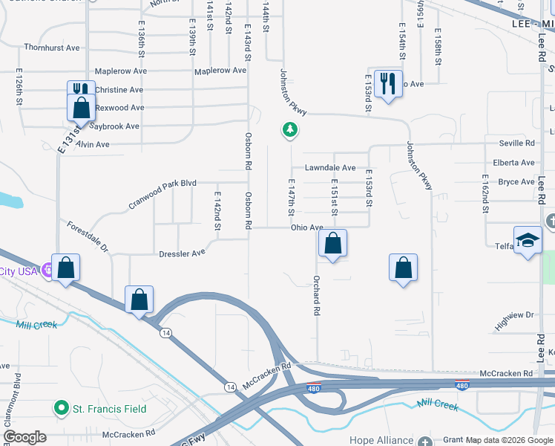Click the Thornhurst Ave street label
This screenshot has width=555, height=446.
point(51,48)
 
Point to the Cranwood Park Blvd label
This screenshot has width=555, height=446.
point(162,192)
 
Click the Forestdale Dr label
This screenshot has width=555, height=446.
point(87,236)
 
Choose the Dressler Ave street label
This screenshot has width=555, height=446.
point(182,253)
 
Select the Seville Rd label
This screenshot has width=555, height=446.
point(517,143)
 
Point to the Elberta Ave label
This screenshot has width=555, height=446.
point(513,163)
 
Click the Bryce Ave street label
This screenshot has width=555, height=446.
point(516,181)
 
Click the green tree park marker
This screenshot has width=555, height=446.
point(289,131)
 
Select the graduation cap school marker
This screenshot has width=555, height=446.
point(528,241)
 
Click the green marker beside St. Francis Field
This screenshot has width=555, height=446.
point(62,407)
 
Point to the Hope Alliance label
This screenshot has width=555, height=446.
point(381,440)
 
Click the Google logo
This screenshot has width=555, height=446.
point(25,436)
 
